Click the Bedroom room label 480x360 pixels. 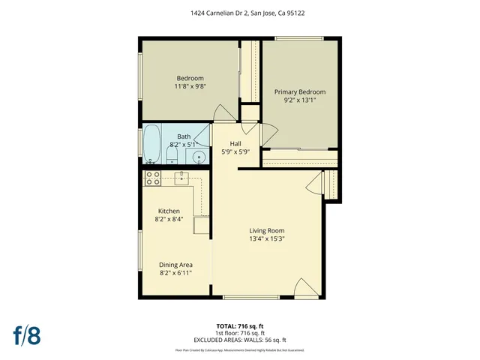(x=190, y=79)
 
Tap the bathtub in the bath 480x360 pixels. (x=151, y=144)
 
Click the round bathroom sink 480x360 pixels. (x=199, y=157)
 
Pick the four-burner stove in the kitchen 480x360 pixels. (x=153, y=178)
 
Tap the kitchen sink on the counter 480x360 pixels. (x=182, y=178)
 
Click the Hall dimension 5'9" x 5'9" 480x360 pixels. (x=235, y=151)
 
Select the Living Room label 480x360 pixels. (x=267, y=230)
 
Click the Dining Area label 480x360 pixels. (x=175, y=265)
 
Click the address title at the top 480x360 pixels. (x=241, y=13)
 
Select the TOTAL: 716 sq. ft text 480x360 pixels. (x=241, y=326)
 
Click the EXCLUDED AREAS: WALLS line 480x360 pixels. (x=241, y=340)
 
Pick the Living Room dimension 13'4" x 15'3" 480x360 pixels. (x=267, y=239)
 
